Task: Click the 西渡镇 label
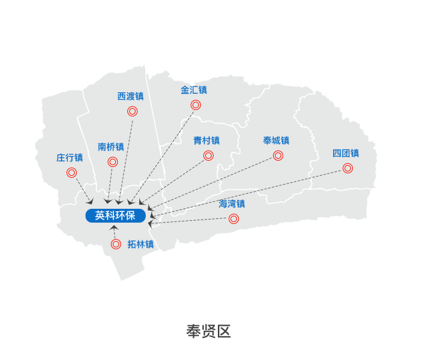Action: click(130, 96)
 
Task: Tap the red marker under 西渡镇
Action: click(132, 111)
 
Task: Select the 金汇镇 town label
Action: click(194, 90)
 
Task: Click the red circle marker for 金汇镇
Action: click(196, 105)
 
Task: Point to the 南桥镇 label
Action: click(111, 147)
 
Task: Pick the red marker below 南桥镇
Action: click(113, 162)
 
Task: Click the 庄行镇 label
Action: click(70, 158)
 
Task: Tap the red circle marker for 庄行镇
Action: click(72, 173)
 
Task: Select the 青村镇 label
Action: click(206, 140)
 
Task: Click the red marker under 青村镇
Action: click(208, 156)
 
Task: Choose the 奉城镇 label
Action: click(276, 140)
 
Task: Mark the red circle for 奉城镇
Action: click(278, 156)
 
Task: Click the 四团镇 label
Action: click(346, 153)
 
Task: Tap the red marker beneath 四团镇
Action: click(348, 168)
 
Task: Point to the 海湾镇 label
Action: click(232, 204)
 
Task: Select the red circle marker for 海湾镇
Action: click(234, 219)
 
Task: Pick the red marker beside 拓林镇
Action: click(116, 244)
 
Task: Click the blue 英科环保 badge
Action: click(115, 216)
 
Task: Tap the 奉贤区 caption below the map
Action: click(208, 332)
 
